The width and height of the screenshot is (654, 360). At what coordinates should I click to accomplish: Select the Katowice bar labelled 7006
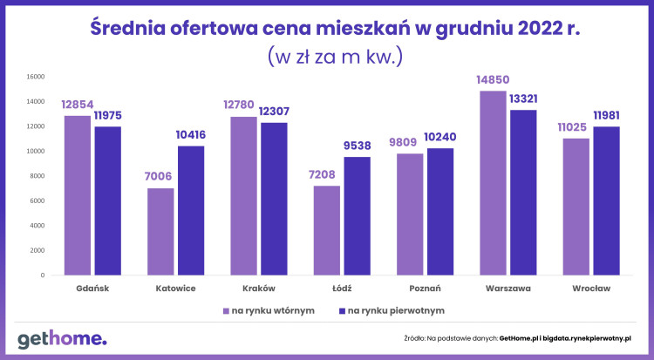[160, 232]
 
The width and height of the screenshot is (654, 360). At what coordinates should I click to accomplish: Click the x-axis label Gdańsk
[93, 288]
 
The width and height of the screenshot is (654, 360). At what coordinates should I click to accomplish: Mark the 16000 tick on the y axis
[34, 76]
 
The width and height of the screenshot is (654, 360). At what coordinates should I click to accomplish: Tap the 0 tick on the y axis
[42, 275]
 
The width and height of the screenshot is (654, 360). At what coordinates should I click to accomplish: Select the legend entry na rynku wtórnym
[269, 310]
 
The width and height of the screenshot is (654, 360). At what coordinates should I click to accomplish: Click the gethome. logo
[62, 338]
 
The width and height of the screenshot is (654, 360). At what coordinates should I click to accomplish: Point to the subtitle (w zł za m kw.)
[335, 57]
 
